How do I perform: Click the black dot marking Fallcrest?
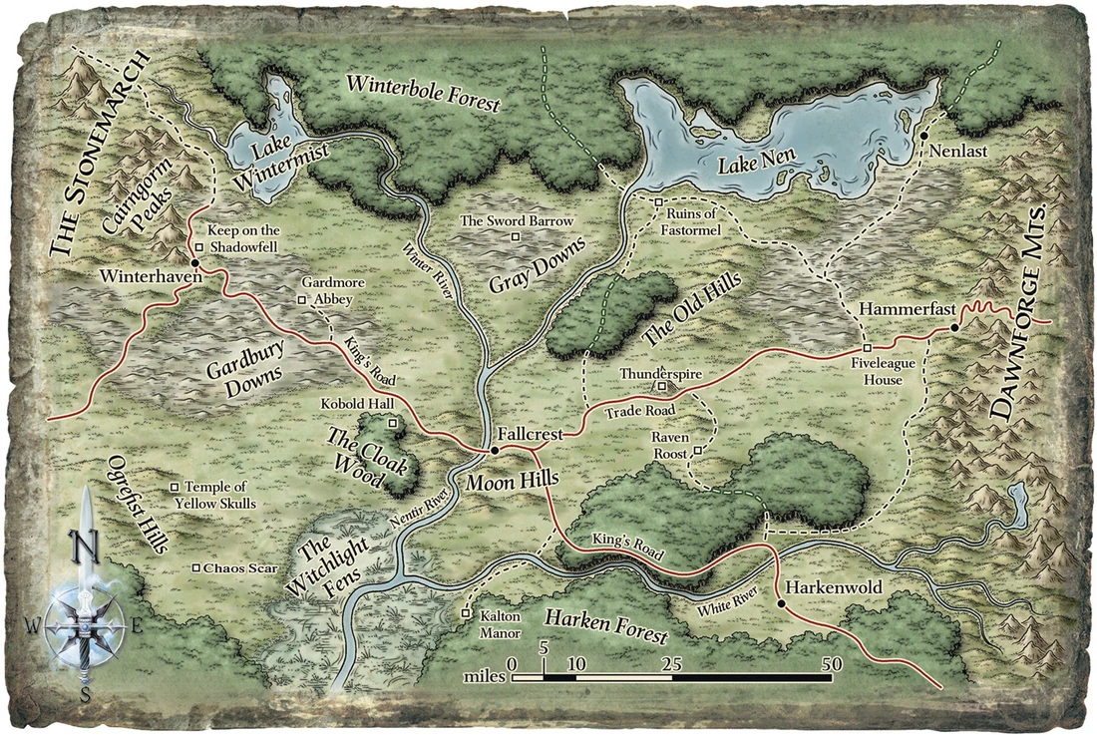495,451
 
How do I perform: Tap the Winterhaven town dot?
193,263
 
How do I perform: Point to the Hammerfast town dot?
954,327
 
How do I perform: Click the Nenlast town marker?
924,135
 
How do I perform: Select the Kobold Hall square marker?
393,424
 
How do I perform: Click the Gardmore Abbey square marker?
302,299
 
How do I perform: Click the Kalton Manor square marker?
466,614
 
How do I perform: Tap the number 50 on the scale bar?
831,663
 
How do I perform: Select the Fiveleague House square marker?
867,347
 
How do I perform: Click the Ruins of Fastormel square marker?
658,203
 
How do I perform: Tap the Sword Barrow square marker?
516,236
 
